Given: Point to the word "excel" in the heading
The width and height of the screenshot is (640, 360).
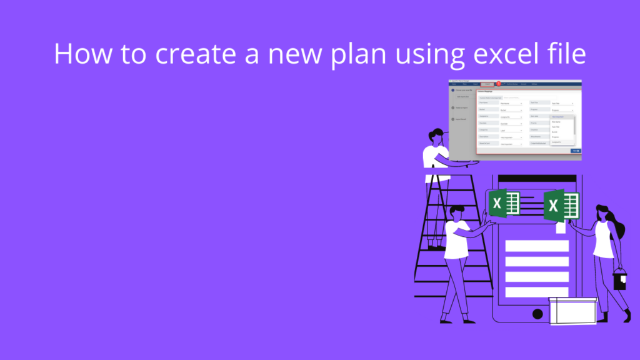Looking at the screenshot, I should (497, 54).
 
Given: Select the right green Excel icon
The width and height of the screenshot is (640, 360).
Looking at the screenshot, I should (561, 205).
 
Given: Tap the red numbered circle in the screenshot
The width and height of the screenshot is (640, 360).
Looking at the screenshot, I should (498, 84).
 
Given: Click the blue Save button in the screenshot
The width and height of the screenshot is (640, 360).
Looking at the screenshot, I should (575, 151).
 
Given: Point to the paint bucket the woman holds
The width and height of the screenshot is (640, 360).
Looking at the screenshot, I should (619, 279).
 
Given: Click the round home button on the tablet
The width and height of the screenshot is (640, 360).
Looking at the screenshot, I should (537, 314).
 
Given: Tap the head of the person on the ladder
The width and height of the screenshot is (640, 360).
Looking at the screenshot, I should (437, 136).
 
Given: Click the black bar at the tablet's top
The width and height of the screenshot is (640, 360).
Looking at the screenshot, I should (537, 179).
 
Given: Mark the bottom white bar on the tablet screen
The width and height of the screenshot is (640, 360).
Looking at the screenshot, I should (536, 292).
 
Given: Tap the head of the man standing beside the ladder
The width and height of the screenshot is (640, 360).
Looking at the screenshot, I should (456, 211).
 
